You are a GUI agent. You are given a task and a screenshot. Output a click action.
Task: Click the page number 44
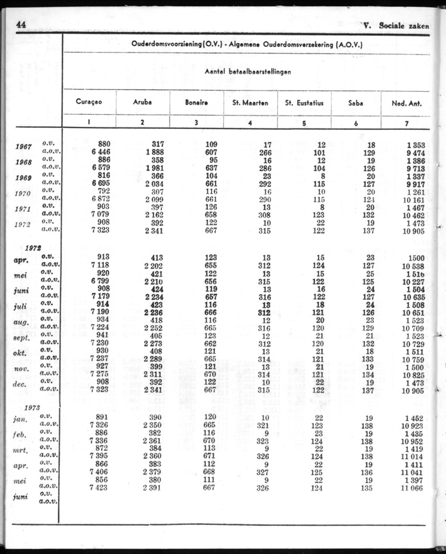click(22, 25)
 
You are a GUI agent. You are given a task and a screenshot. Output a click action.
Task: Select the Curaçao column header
click(89, 103)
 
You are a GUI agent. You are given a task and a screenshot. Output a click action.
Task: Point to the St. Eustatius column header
click(304, 103)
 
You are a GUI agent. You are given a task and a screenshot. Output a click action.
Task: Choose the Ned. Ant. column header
click(407, 103)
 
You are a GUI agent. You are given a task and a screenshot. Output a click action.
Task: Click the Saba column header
click(356, 103)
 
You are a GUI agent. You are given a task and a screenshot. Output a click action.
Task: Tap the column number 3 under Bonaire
click(196, 123)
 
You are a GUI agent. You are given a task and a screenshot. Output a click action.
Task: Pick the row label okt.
click(22, 353)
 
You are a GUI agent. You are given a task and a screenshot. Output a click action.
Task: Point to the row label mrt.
click(22, 450)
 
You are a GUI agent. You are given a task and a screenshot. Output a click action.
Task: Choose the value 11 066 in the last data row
click(413, 488)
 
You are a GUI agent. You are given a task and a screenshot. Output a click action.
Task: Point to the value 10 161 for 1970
click(413, 199)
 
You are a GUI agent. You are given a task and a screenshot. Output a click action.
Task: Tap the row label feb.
click(20, 435)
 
